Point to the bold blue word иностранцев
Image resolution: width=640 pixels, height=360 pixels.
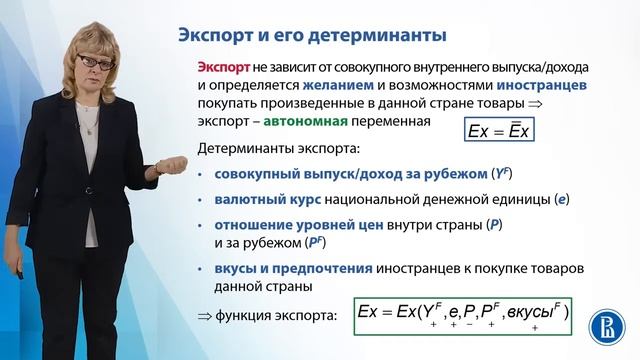click(541, 85)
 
